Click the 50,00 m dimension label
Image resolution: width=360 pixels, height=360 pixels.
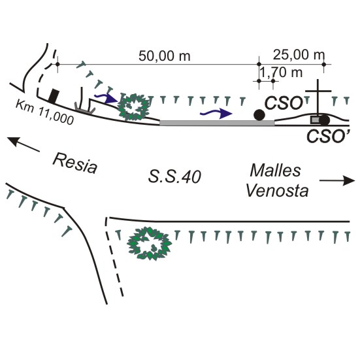165,56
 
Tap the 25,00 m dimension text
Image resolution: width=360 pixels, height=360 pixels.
299,55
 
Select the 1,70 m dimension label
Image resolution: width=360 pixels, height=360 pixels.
281,73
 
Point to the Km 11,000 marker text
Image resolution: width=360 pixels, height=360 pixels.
45,112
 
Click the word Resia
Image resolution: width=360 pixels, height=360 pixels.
75,163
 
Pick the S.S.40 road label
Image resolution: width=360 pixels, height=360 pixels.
174,176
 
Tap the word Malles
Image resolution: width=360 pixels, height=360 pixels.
275,171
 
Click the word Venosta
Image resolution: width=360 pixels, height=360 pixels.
277,191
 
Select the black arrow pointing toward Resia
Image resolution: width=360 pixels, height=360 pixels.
23,144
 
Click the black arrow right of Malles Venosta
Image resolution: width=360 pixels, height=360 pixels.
337,180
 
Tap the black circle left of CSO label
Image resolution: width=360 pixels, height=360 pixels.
259,115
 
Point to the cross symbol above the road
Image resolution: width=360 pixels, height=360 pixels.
318,97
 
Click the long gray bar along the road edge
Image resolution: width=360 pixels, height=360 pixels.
217,123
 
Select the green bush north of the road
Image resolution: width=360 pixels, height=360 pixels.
133,107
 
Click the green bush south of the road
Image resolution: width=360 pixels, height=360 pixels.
149,243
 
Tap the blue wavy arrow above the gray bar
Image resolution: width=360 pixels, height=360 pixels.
216,113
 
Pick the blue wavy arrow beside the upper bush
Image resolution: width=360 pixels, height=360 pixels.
106,97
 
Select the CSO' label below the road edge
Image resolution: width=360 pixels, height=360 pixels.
329,136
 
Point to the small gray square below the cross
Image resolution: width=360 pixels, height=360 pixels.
315,120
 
